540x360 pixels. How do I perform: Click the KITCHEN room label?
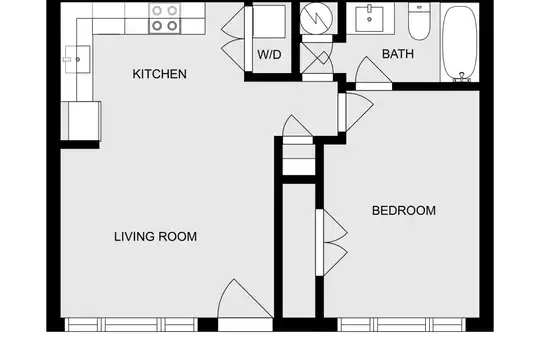(x=159, y=74)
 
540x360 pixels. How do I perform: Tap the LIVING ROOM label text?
(x=155, y=237)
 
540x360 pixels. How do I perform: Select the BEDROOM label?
(x=404, y=210)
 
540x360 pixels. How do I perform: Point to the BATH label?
(x=398, y=54)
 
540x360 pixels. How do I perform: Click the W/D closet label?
(x=269, y=54)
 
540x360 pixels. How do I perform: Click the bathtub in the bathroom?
(x=460, y=42)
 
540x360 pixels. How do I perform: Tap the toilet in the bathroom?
(x=419, y=21)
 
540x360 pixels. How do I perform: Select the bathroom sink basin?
(x=370, y=19)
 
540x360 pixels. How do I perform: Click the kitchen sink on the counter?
(x=78, y=59)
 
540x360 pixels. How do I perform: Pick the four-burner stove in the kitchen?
(x=165, y=18)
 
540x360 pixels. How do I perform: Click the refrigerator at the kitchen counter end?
(x=81, y=121)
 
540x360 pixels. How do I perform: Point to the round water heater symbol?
(x=316, y=17)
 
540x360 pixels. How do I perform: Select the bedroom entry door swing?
(x=356, y=112)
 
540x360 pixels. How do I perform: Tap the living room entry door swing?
(x=245, y=299)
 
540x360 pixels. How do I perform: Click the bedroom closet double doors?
(x=332, y=243)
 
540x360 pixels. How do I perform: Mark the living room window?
(x=131, y=325)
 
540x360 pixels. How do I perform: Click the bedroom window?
(x=402, y=325)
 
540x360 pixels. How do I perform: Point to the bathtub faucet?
(x=462, y=77)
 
